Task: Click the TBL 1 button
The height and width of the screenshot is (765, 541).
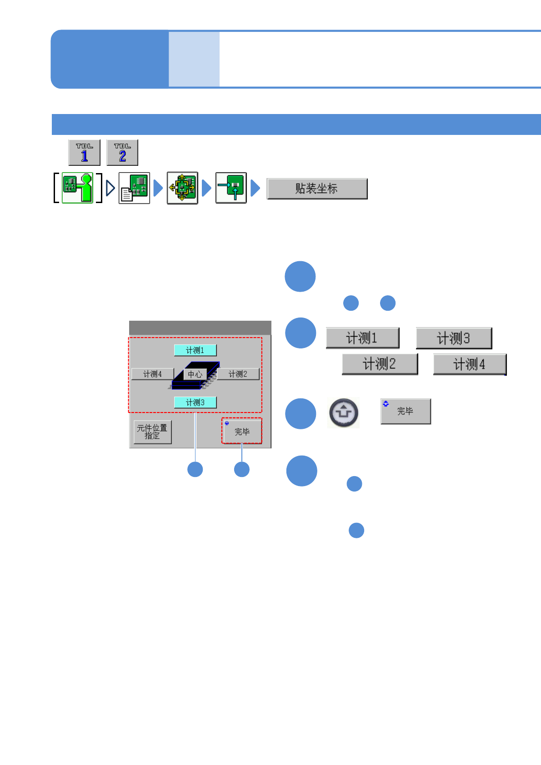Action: point(84,153)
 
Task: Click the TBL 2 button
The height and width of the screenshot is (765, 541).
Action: point(122,153)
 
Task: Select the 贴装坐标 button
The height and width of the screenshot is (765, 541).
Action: point(317,189)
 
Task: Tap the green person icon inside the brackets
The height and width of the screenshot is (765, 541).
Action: point(78,188)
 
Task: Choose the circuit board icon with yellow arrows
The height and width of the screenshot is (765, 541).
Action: point(182,188)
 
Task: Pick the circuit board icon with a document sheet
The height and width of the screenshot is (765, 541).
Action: point(134,188)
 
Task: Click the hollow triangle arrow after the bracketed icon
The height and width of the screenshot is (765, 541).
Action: point(110,188)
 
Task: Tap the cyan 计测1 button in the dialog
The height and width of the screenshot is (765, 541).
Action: point(195,350)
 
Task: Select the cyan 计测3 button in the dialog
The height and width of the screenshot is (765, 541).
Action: point(195,402)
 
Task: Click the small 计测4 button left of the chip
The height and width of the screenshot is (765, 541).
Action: point(152,374)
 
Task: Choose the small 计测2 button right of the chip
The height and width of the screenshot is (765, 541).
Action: point(238,374)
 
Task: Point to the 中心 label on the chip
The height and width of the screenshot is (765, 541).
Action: point(195,374)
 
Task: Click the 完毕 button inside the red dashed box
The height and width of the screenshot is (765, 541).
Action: point(242,431)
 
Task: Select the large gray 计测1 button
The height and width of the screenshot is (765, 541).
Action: point(362,338)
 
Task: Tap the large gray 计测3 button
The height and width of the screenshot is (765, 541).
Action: point(454,338)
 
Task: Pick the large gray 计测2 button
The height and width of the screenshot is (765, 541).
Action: point(380,364)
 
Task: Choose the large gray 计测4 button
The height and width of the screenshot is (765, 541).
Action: point(470,364)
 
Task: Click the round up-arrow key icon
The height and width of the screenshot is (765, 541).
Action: point(344,412)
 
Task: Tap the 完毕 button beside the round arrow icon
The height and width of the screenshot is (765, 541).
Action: point(406,411)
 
